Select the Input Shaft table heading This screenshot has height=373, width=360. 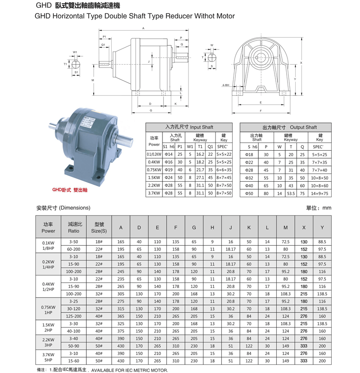tap(189, 127)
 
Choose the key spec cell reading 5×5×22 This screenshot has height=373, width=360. tap(224, 154)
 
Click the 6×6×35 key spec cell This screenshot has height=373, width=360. tap(224, 170)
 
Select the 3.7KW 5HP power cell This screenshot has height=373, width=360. tap(48, 358)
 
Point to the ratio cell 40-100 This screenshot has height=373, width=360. tap(74, 331)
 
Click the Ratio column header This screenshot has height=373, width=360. tap(74, 228)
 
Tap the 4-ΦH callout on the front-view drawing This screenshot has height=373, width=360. tap(225, 85)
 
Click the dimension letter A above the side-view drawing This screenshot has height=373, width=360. tap(143, 28)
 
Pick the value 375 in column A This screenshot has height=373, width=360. tap(121, 331)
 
